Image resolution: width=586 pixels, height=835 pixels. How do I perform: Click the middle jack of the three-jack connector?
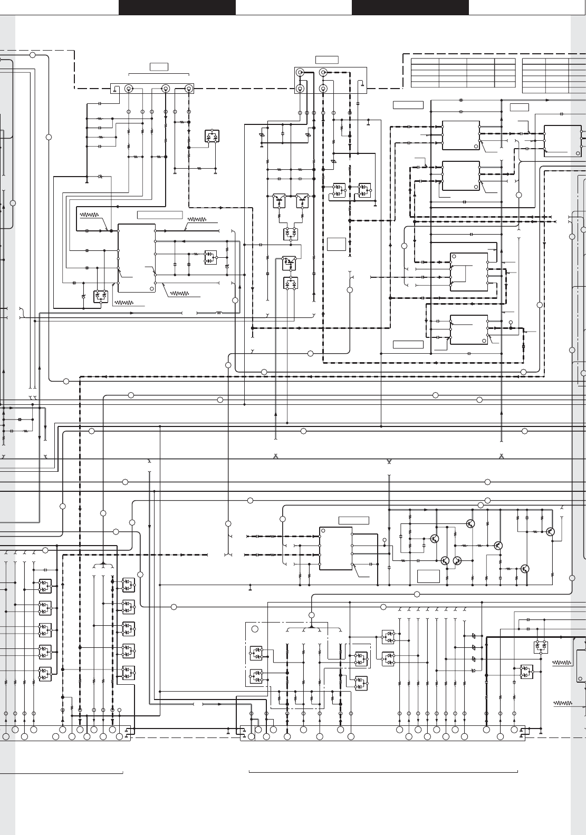(166, 89)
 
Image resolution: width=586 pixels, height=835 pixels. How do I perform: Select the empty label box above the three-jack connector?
(159, 66)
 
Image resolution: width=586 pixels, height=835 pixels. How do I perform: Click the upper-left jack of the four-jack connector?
(300, 72)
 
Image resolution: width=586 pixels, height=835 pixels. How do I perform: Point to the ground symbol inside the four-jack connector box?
(361, 83)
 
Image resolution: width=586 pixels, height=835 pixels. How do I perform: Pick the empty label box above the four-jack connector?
(327, 60)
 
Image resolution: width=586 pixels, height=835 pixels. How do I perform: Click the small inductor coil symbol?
(218, 313)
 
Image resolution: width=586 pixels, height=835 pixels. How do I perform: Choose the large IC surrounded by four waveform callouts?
(136, 258)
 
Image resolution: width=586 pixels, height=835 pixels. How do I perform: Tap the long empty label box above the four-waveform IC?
(160, 215)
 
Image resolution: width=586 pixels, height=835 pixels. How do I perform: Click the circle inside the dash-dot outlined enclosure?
(255, 629)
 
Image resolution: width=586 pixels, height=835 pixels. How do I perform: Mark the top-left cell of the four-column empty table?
(425, 61)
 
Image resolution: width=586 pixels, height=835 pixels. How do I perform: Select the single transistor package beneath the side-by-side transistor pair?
(289, 260)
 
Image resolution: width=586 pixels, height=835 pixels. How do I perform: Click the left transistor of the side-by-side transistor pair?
(278, 199)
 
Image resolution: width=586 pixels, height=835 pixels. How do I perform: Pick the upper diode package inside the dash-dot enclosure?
(256, 653)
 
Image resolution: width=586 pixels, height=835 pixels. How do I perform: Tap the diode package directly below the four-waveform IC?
(100, 296)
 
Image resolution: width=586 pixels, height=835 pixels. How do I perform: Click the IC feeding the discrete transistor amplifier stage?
(336, 548)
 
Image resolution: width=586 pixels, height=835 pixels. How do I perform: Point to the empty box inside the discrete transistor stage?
(428, 576)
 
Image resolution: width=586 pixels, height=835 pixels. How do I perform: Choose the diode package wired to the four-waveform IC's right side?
(211, 257)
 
